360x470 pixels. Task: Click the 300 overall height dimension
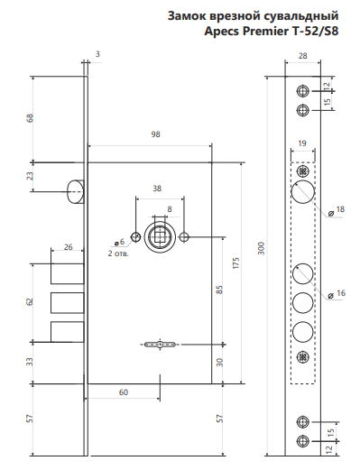(262, 248)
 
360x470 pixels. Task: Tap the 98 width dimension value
(155, 134)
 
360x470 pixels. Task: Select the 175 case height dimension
(236, 263)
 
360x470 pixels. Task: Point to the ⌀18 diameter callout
(337, 209)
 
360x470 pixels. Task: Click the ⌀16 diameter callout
(337, 293)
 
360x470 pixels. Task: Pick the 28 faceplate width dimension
(303, 56)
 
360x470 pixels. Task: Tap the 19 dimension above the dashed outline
(302, 143)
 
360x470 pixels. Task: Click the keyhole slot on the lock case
(160, 344)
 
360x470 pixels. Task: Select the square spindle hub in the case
(160, 237)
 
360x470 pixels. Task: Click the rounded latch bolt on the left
(75, 191)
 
